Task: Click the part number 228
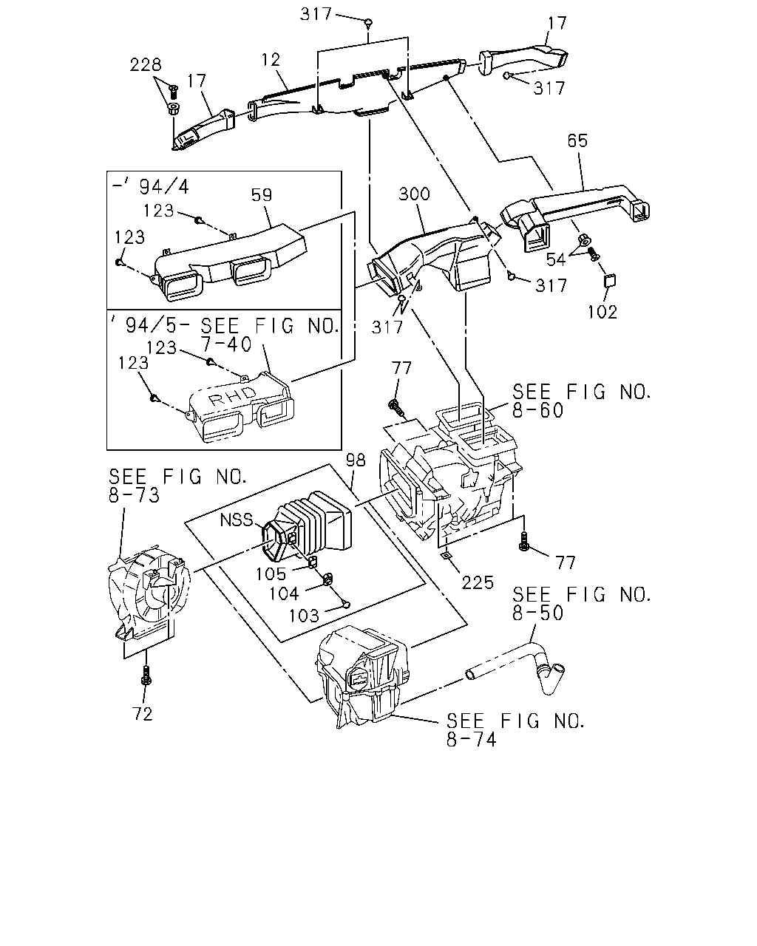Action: tap(146, 65)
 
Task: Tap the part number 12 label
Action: tap(271, 60)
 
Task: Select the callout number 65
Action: tap(577, 140)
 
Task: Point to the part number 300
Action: tap(414, 194)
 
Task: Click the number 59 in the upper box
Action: tap(262, 194)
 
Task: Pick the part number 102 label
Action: tap(602, 312)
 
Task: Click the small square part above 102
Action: tap(610, 280)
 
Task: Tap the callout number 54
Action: tap(556, 259)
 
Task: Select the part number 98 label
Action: tap(356, 460)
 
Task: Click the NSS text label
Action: tap(237, 520)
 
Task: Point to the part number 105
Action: tap(271, 574)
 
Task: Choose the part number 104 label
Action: tap(284, 594)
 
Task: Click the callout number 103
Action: tap(304, 616)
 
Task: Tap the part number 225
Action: tap(478, 583)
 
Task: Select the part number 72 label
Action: tap(143, 715)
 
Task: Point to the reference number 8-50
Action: tap(538, 613)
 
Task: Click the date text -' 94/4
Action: tap(150, 187)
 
